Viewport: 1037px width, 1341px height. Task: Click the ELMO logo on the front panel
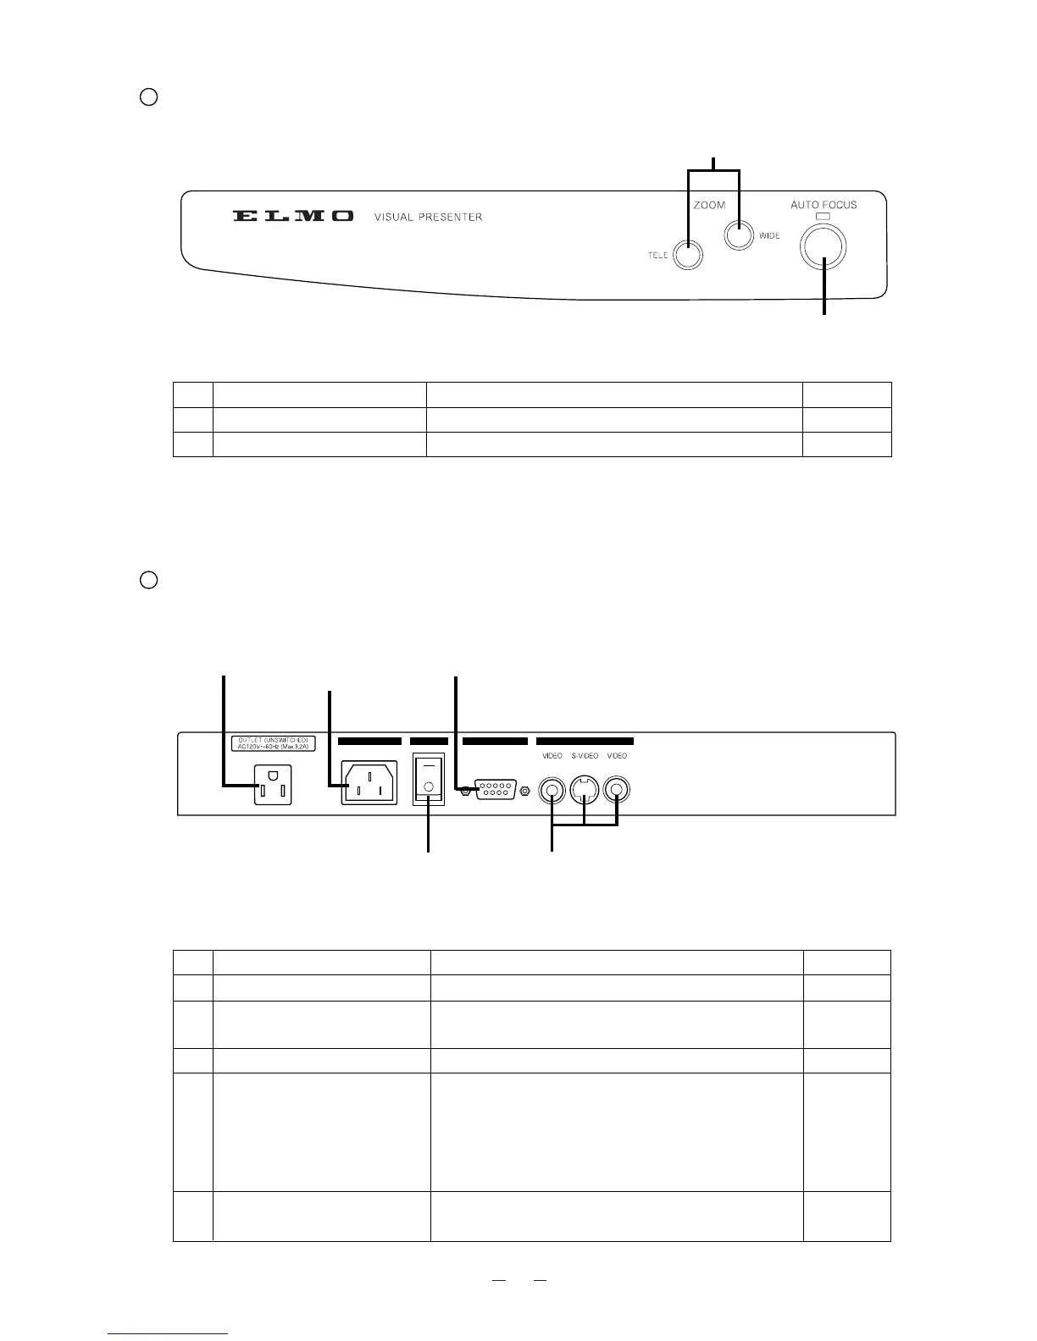coord(293,217)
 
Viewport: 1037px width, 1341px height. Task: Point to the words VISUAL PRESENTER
coord(428,218)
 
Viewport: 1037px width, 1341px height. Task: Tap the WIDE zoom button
coord(739,236)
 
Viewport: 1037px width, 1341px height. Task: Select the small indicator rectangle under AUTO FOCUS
coord(823,216)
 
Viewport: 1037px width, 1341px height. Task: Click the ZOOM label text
coord(709,205)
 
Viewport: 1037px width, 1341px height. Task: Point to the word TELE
coord(657,256)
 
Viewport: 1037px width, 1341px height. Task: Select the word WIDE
coord(769,236)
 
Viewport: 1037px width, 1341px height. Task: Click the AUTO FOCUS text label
coord(823,205)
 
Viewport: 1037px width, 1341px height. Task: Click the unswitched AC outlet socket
coord(273,785)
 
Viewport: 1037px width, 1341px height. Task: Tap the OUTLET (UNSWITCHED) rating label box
coord(272,742)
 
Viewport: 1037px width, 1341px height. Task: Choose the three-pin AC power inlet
coord(369,785)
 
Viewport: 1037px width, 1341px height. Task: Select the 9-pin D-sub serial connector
coord(495,791)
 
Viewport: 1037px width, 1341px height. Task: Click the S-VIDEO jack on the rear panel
coord(585,791)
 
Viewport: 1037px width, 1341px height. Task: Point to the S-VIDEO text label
coord(584,756)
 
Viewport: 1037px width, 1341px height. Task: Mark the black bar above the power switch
coord(429,741)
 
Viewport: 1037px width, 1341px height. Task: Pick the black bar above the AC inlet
coord(369,741)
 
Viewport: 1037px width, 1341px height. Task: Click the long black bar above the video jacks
coord(585,741)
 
